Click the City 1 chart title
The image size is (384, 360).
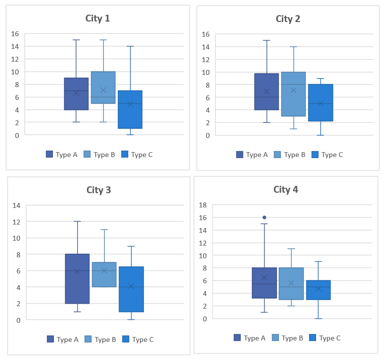click(98, 19)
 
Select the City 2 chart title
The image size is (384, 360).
click(288, 19)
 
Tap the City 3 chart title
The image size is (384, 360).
click(99, 190)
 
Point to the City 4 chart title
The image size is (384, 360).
click(286, 189)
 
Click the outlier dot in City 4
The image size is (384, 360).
click(265, 217)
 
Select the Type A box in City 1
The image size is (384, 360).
click(76, 93)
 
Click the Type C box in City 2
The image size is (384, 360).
click(320, 103)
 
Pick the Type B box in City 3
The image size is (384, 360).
click(104, 274)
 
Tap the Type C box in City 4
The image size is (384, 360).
click(318, 290)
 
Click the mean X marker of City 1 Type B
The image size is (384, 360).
click(103, 90)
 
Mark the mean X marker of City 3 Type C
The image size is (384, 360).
click(131, 286)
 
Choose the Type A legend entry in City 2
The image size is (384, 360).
click(252, 155)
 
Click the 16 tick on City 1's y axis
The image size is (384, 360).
click(15, 34)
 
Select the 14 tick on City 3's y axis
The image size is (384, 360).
click(16, 205)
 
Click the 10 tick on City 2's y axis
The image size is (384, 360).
click(205, 72)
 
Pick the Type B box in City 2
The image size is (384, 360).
click(294, 94)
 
